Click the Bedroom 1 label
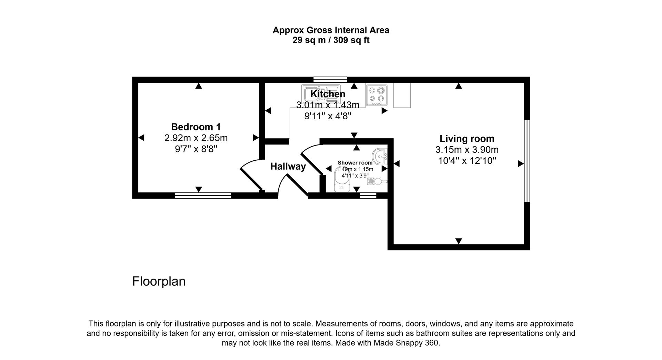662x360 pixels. tap(196, 127)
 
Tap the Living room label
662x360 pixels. tap(467, 139)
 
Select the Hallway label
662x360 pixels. tap(288, 167)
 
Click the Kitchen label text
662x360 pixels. tap(328, 94)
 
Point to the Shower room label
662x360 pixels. tap(355, 163)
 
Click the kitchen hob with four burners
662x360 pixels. tap(376, 95)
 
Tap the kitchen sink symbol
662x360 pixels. tap(321, 94)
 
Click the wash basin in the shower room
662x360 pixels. tap(381, 157)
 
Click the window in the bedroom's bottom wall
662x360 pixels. tap(203, 196)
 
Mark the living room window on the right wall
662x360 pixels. tap(526, 161)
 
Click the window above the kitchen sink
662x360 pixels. tap(330, 79)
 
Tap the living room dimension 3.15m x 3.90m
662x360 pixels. tap(467, 150)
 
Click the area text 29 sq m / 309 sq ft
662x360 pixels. tap(331, 40)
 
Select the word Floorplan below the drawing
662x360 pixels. tap(159, 281)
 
